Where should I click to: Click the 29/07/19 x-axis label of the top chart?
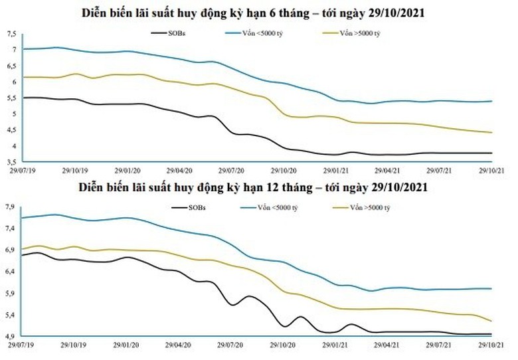[22, 170]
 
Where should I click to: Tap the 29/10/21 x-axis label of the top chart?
[492, 170]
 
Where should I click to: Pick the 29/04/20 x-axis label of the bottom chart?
[179, 345]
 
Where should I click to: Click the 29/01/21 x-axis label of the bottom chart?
[335, 345]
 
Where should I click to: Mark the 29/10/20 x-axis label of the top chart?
[284, 170]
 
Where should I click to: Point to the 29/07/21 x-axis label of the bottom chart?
[440, 345]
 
